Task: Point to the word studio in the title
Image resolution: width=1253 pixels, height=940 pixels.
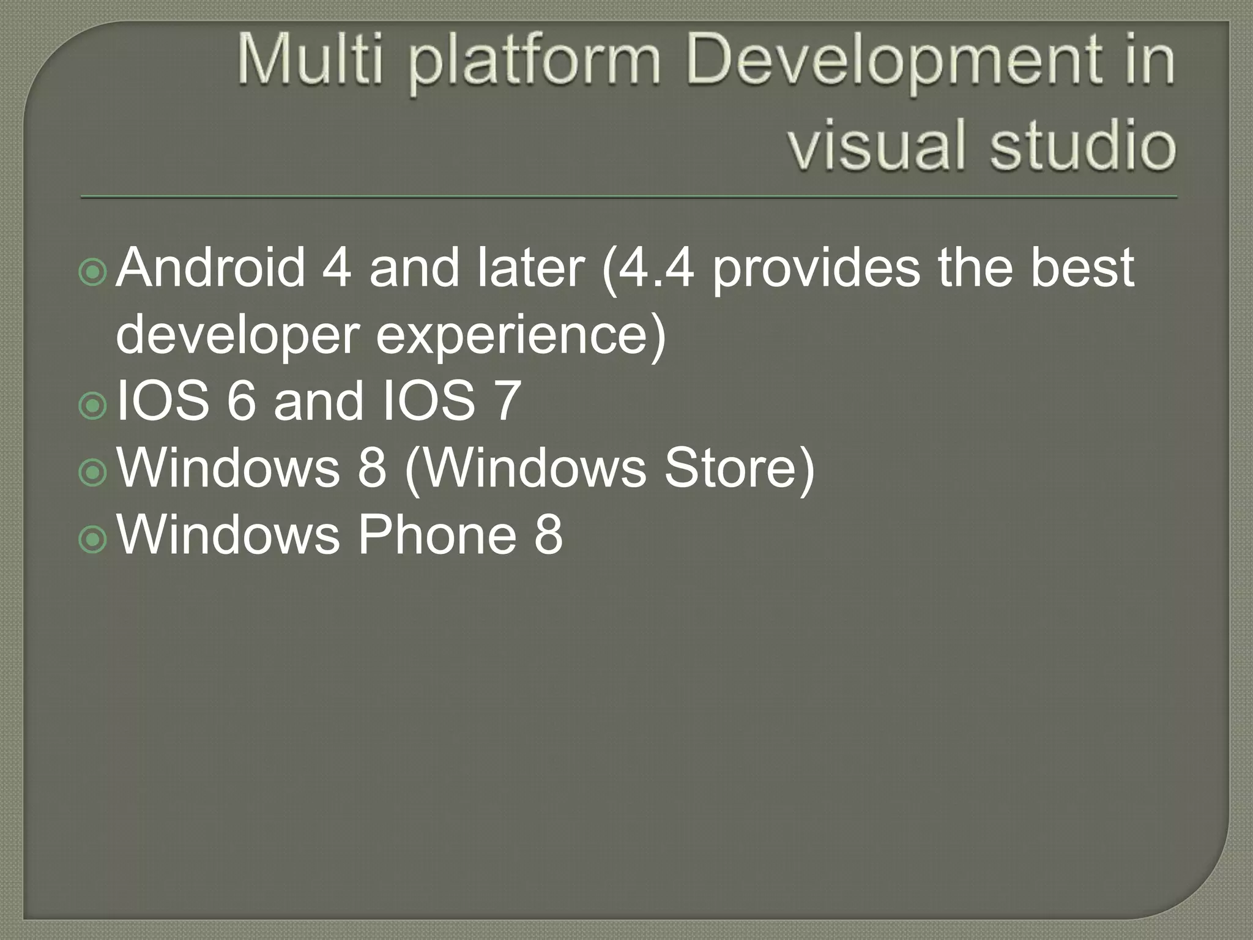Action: point(1083,146)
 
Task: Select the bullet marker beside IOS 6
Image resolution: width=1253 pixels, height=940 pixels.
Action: point(93,405)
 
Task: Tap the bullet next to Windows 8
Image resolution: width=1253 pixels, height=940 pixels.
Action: point(93,472)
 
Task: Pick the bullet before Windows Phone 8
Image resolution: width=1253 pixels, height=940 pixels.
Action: point(93,539)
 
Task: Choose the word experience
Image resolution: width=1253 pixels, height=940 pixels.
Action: point(514,337)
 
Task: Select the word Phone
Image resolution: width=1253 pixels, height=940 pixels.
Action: point(437,535)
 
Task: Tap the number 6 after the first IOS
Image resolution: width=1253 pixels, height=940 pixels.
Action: point(240,401)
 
